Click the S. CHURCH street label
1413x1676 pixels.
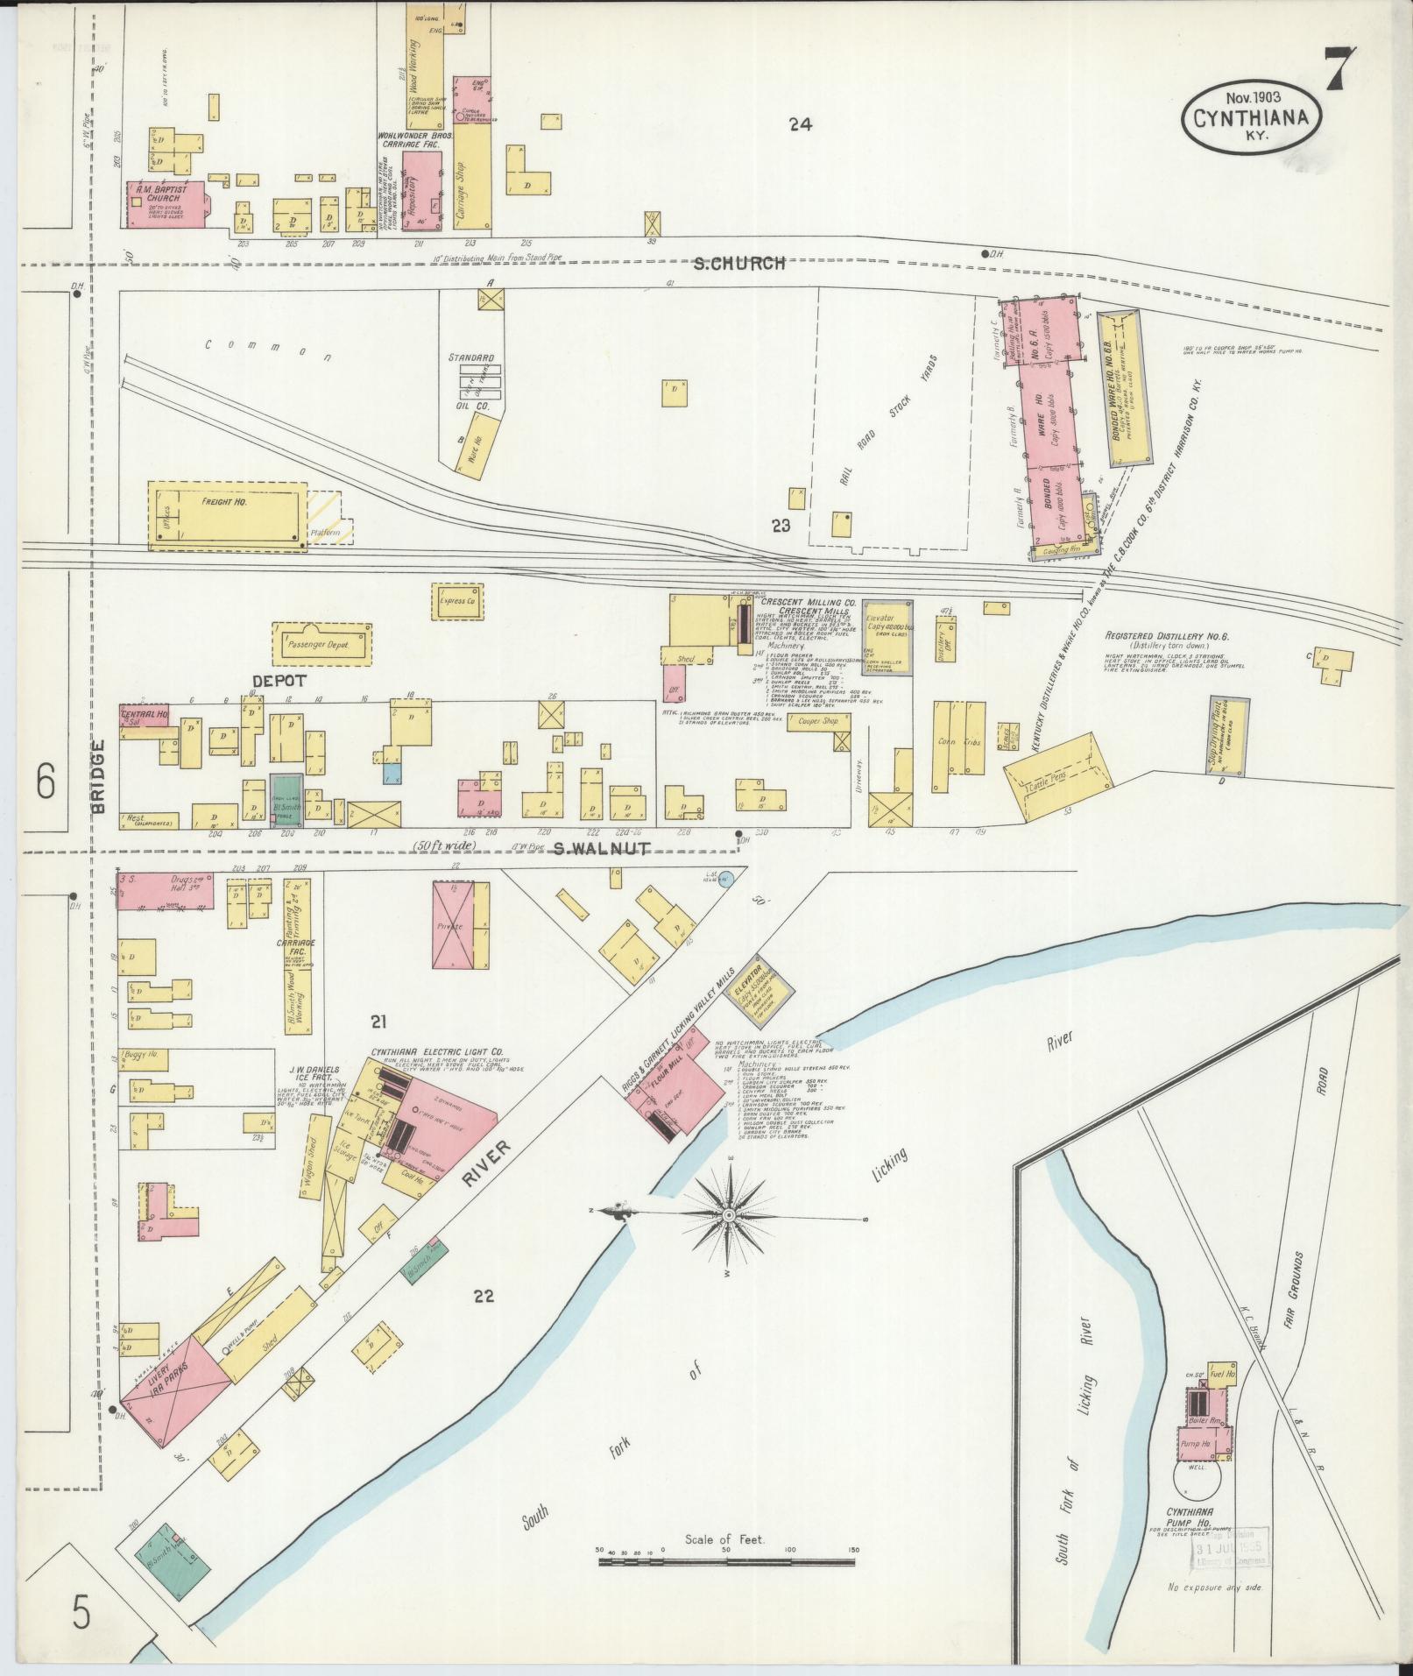click(x=738, y=262)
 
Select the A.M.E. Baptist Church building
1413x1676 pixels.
click(x=167, y=204)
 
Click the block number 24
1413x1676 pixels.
click(x=799, y=125)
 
